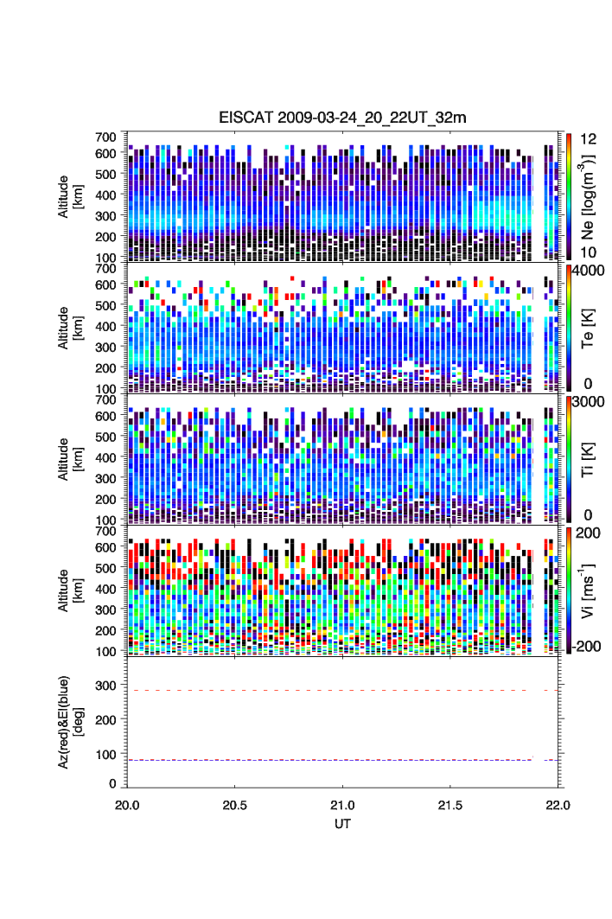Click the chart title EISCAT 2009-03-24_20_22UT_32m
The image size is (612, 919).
[x=343, y=118]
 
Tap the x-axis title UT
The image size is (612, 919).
[x=343, y=823]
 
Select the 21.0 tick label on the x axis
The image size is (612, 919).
[x=343, y=805]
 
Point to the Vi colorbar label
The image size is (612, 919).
[x=588, y=591]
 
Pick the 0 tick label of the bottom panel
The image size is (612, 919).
[x=112, y=783]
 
